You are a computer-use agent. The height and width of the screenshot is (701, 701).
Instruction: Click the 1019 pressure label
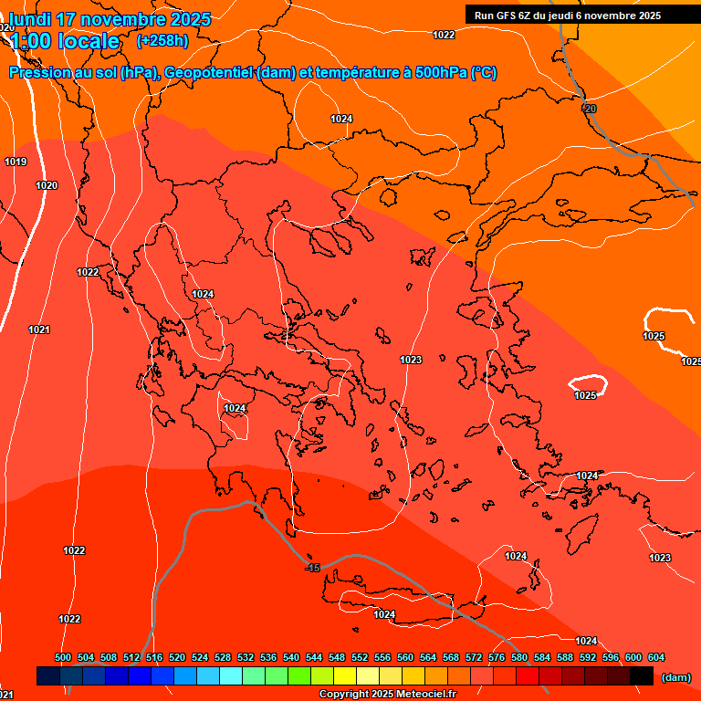(x=16, y=162)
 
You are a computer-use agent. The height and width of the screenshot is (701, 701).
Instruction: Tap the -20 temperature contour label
(x=589, y=109)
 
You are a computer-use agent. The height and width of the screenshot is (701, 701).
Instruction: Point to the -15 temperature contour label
(x=312, y=568)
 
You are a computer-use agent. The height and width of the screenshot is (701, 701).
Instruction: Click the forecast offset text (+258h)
(x=162, y=40)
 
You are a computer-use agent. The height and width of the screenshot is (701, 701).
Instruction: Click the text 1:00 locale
(x=65, y=41)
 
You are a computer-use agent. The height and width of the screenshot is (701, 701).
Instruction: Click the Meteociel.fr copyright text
(x=387, y=695)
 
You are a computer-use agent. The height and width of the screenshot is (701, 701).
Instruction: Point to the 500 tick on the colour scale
(x=63, y=657)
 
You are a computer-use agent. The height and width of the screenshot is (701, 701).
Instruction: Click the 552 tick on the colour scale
(x=360, y=657)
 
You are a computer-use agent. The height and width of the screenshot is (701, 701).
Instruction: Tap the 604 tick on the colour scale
(x=655, y=657)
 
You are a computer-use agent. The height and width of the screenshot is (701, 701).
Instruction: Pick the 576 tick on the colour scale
(x=497, y=657)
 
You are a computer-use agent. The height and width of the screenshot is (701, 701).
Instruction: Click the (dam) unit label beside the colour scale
(x=675, y=676)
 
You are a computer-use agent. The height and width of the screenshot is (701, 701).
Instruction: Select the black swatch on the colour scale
(x=642, y=675)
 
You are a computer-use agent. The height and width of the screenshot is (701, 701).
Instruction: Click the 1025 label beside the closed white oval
(x=585, y=395)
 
